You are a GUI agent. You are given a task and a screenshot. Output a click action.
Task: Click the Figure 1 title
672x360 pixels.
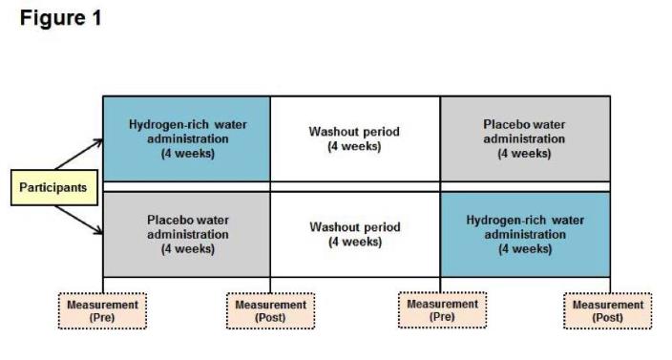61,18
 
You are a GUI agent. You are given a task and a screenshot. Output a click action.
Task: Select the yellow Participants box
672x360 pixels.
52,187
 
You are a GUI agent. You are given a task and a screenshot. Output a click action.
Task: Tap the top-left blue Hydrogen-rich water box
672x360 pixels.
186,138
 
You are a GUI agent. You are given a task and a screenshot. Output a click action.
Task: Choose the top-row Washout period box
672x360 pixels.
354,138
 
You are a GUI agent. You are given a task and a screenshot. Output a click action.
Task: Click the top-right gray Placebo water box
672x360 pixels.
524,138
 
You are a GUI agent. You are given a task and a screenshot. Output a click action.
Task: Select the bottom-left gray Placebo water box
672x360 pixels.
186,234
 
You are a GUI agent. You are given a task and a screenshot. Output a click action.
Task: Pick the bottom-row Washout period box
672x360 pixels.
354,234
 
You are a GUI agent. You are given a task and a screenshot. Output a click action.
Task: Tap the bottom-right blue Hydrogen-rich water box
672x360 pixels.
524,234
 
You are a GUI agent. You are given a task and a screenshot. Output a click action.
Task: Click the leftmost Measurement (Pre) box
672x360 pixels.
102,311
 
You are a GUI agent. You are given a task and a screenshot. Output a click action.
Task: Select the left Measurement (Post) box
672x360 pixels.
271,311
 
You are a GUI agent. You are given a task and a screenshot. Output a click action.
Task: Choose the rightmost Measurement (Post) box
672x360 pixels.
608,311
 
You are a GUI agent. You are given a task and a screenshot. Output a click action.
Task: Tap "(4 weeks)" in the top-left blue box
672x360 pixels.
188,153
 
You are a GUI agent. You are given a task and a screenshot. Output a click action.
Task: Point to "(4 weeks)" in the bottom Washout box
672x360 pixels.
354,242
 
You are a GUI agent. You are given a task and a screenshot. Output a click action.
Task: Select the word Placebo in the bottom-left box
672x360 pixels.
169,220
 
